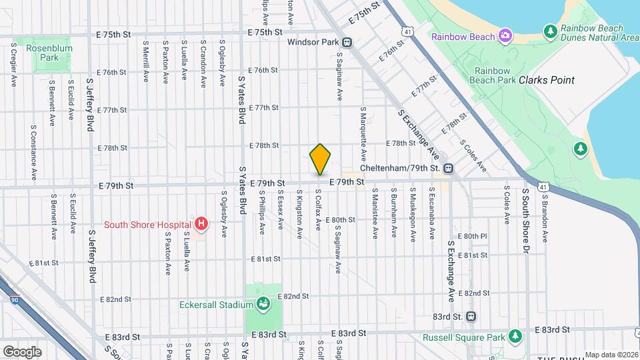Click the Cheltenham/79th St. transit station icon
tap(449, 168)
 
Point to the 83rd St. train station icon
tap(471, 316)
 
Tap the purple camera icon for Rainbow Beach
tap(506, 35)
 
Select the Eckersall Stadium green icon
tap(264, 305)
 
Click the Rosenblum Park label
tap(43, 53)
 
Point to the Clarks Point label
tap(547, 80)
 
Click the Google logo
tap(22, 351)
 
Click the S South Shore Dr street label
tap(525, 220)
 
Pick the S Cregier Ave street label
tap(14, 65)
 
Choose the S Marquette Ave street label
tap(363, 133)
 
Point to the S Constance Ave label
tap(33, 152)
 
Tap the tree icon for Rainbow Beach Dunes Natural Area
tap(550, 31)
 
